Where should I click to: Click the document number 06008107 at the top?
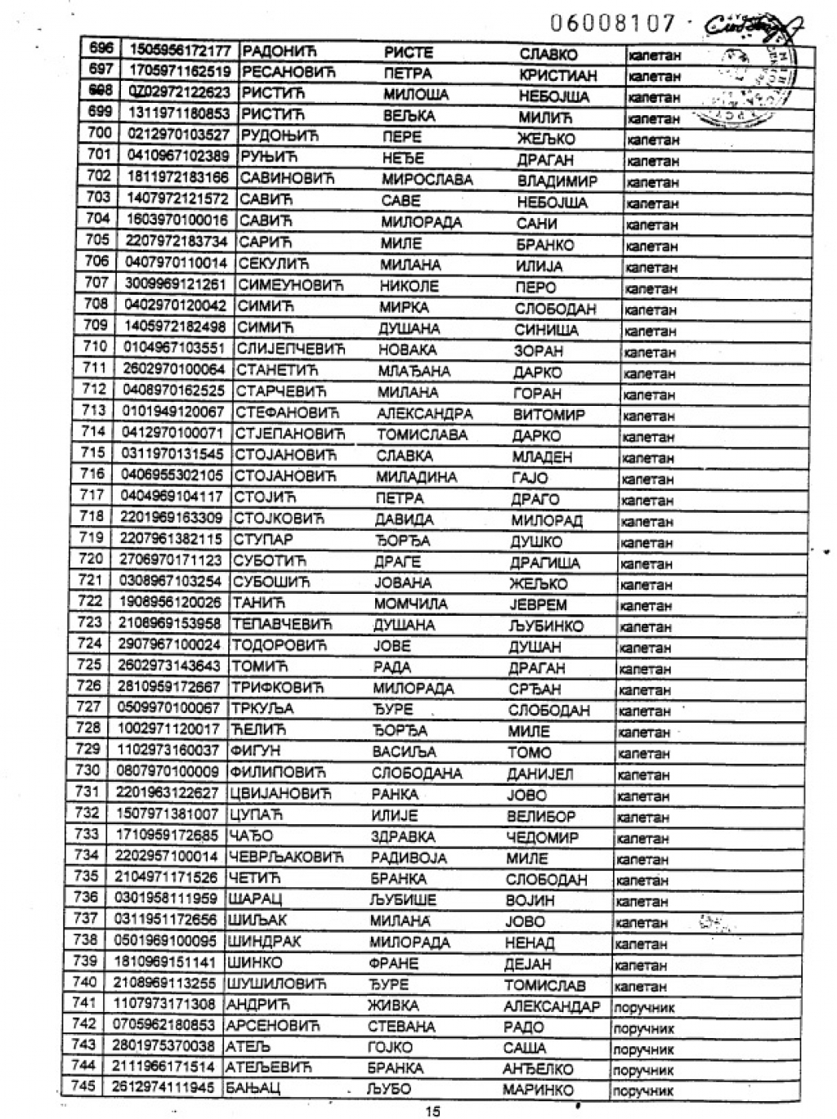point(613,23)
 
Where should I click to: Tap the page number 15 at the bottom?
point(432,1110)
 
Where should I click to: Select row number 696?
point(102,49)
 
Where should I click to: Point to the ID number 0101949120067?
point(172,411)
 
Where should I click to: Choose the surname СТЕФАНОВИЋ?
point(287,412)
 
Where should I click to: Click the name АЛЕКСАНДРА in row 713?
point(424,413)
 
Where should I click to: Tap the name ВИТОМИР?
point(548,414)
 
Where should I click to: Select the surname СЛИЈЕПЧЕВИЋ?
point(290,350)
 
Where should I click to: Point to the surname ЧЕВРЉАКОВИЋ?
point(287,857)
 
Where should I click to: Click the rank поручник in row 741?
point(643,1007)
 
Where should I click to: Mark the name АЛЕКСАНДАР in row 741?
point(552,1006)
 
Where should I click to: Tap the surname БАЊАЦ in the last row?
point(253,1089)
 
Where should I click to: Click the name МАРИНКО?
point(538,1090)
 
